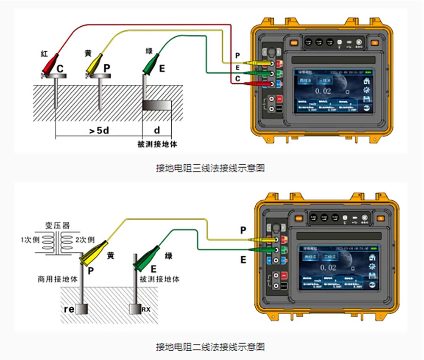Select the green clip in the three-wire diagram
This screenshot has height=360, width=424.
[151, 65]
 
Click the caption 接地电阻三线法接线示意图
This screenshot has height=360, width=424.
[210, 168]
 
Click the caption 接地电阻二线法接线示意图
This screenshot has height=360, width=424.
[210, 347]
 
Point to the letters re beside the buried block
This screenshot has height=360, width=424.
[69, 309]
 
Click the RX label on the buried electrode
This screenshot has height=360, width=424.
[146, 310]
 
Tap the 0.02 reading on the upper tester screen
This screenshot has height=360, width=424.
[323, 91]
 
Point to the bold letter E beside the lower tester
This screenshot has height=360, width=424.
[243, 260]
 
